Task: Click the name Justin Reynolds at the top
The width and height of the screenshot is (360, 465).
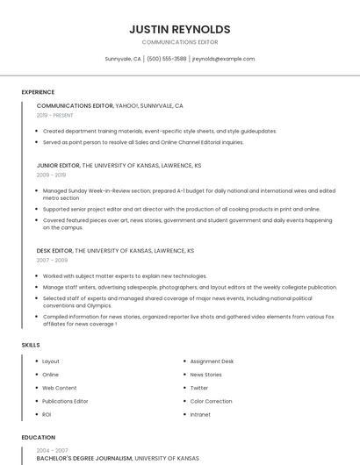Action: pos(179,29)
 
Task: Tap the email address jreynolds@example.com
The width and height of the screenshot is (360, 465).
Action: pos(223,59)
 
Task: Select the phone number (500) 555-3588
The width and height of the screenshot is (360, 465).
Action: pos(166,59)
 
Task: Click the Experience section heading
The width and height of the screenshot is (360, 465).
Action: pos(38,92)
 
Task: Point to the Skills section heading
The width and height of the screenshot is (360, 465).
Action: pos(31,345)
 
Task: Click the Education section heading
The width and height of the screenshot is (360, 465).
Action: pos(38,437)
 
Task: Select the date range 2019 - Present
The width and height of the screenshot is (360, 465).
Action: pos(54,115)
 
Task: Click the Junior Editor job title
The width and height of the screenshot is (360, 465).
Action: pos(59,165)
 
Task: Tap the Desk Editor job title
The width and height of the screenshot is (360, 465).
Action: pos(55,251)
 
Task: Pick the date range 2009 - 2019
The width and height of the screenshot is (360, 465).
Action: pos(51,175)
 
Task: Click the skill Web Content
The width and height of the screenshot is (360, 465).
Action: pos(60,388)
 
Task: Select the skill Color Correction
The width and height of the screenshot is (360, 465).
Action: pos(212,401)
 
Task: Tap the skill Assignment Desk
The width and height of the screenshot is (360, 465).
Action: pos(212,361)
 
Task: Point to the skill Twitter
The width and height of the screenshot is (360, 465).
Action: pos(199,388)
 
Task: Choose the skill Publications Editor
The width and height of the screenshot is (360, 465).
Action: pos(65,401)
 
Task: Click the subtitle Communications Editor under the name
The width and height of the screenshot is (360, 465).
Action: pos(179,42)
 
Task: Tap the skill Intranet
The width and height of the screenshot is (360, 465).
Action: pos(200,414)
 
